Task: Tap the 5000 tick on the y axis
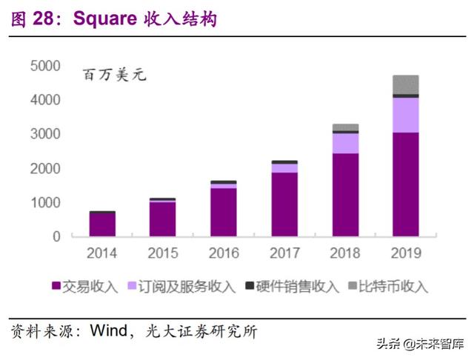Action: [45, 67]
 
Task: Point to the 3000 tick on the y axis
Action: [45, 134]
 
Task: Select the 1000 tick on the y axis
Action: [45, 202]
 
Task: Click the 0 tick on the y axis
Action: [56, 236]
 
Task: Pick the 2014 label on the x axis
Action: [102, 253]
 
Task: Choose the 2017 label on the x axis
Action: [284, 253]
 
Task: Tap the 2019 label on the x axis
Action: [405, 253]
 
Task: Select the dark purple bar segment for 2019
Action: [405, 185]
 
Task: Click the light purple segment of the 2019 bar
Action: [405, 115]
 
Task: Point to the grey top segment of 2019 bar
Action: [405, 84]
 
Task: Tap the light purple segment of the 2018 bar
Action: [344, 143]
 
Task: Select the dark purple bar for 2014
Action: [102, 224]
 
